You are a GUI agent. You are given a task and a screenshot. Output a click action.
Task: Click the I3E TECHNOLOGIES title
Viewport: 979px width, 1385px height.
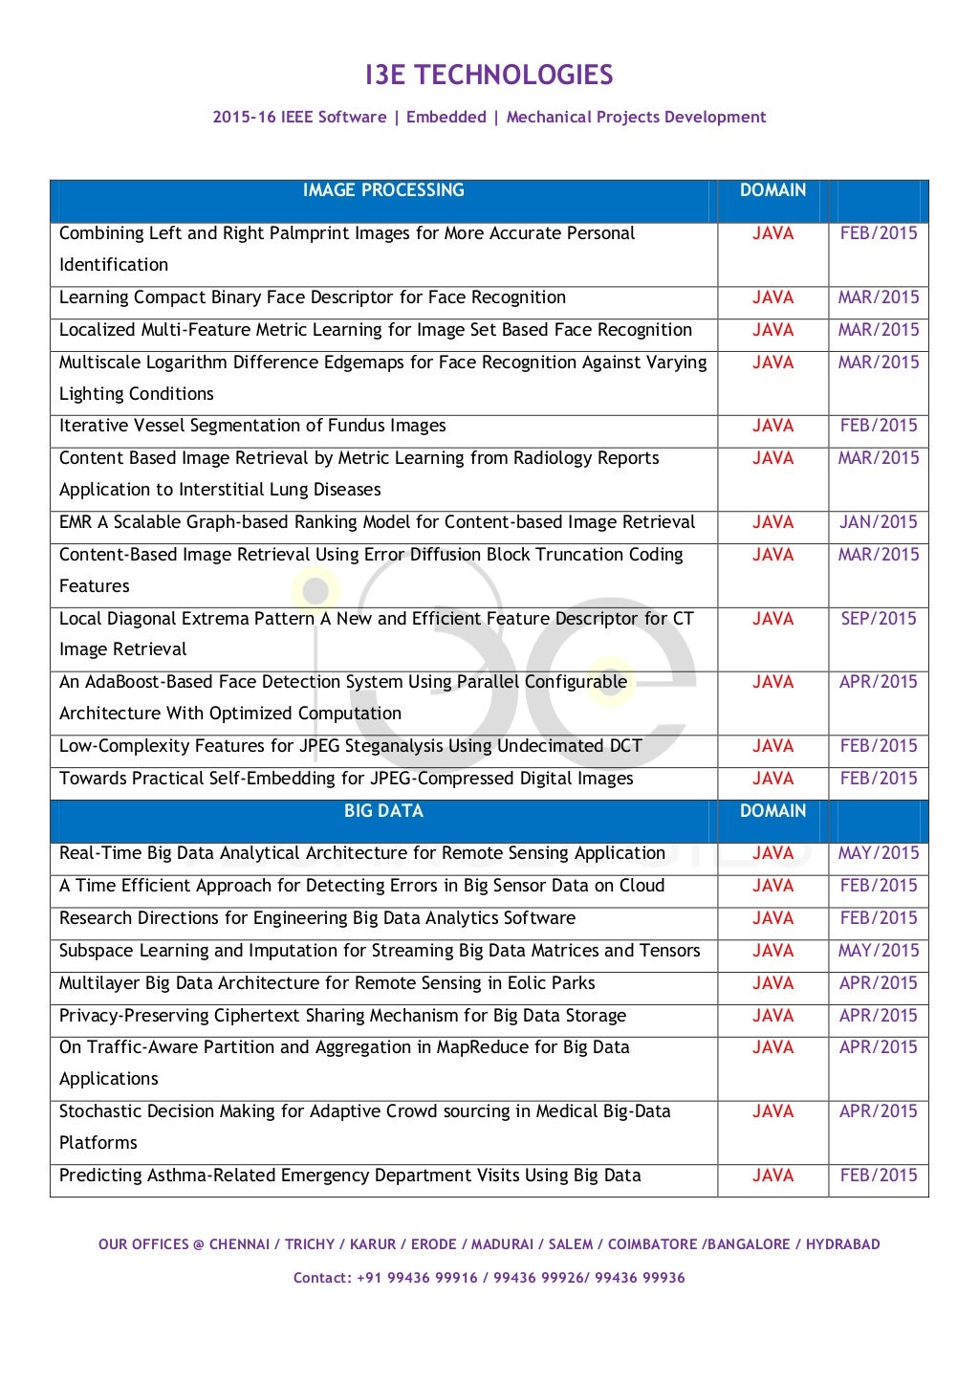click(x=489, y=76)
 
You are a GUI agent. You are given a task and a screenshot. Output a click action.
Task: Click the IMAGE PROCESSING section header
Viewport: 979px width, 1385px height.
click(x=383, y=190)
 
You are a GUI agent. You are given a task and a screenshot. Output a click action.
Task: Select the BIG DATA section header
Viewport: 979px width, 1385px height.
click(x=383, y=811)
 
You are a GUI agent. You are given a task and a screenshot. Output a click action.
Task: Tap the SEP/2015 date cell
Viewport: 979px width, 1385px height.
click(x=878, y=619)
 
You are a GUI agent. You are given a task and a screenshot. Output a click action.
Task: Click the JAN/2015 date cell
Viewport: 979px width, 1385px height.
click(x=878, y=522)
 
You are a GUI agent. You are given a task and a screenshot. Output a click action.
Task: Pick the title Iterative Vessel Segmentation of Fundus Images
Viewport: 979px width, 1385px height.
click(x=252, y=426)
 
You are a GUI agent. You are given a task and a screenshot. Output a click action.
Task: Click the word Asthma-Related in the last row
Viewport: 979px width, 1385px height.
click(x=210, y=1176)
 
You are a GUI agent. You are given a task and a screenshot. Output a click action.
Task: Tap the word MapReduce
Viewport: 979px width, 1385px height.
click(x=483, y=1047)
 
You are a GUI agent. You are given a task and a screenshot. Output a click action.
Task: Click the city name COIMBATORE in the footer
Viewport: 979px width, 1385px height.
click(x=652, y=1244)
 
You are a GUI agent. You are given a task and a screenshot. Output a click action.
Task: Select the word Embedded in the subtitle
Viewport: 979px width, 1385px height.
click(x=446, y=118)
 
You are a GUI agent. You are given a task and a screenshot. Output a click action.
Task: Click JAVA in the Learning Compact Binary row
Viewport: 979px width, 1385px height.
click(x=772, y=297)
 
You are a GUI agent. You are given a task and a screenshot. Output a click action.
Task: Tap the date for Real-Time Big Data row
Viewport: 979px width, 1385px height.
click(x=878, y=853)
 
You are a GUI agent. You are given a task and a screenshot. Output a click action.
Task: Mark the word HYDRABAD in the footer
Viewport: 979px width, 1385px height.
click(x=842, y=1244)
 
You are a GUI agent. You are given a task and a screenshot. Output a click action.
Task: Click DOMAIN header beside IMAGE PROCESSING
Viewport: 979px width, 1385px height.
click(x=772, y=190)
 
